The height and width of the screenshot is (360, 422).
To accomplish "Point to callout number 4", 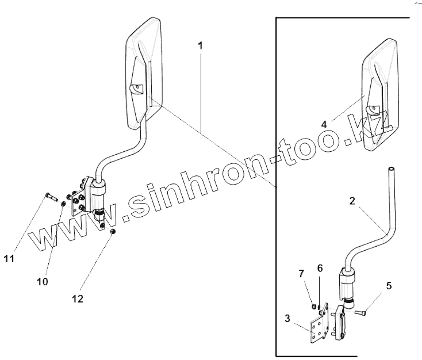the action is [324, 124].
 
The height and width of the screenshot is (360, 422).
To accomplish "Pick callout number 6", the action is [320, 269].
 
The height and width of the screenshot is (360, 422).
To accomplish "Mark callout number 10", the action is [43, 281].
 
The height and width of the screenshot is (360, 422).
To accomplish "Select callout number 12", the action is [78, 298].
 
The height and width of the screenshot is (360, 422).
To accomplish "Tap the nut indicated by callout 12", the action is [114, 231].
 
